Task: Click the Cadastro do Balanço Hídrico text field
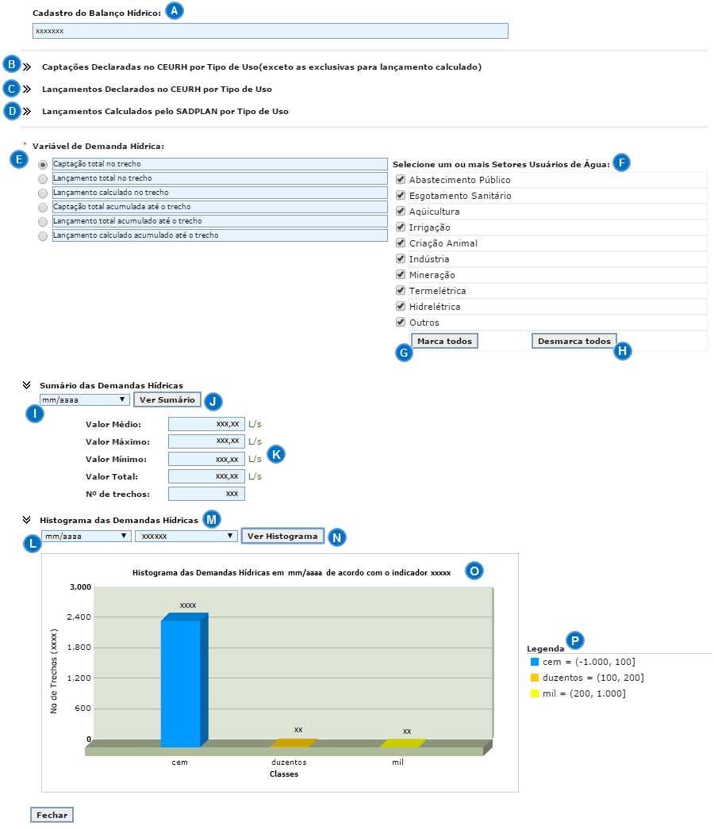270,31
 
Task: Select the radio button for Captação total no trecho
43,164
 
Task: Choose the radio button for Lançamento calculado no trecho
43,193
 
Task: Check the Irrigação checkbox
401,227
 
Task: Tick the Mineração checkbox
401,275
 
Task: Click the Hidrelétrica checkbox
401,307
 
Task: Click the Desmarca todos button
574,342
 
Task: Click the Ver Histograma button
282,537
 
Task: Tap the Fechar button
52,815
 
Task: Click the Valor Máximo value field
206,441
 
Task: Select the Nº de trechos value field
206,494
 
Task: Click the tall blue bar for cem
181,682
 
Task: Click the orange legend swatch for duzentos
535,678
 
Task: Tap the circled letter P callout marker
574,640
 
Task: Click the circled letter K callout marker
276,454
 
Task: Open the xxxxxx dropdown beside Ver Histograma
186,537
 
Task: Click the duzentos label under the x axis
283,762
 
